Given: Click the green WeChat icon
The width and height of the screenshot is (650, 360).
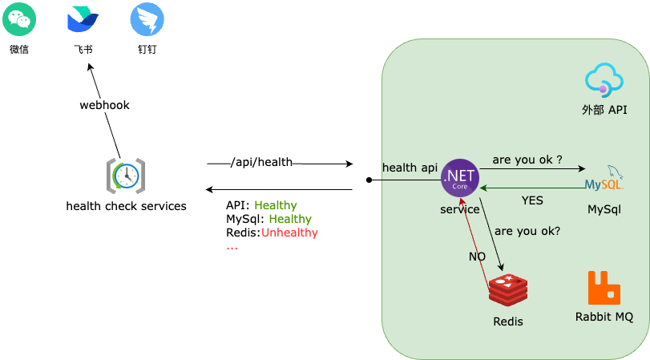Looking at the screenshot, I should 18,19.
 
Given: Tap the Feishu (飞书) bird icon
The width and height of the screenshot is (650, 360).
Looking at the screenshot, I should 83,19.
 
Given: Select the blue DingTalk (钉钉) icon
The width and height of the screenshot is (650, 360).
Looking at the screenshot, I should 147,19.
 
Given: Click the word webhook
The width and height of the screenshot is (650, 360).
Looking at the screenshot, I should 104,105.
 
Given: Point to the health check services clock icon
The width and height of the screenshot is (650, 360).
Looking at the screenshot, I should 126,176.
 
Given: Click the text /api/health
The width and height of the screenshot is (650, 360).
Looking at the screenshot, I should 262,163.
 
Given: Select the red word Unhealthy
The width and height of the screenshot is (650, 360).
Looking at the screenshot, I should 289,233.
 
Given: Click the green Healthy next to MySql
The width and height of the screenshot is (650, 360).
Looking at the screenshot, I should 290,219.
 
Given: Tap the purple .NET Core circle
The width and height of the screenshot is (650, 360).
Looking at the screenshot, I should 460,178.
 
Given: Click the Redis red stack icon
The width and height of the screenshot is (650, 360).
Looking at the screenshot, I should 508,290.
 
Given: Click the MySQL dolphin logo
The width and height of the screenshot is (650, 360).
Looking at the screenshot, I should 604,180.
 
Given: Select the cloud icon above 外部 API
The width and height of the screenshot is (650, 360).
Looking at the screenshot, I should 604,81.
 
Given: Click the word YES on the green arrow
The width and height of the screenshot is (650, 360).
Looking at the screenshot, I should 533,200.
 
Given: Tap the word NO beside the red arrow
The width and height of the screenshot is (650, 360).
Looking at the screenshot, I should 477,257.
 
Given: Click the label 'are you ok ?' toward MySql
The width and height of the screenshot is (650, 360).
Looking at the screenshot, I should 527,160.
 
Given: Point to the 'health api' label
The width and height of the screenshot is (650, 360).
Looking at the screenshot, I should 410,168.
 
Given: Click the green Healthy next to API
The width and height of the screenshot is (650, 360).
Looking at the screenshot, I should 276,205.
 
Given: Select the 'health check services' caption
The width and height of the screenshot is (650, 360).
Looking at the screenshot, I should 126,206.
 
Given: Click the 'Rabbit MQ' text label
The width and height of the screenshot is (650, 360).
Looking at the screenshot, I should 604,317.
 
